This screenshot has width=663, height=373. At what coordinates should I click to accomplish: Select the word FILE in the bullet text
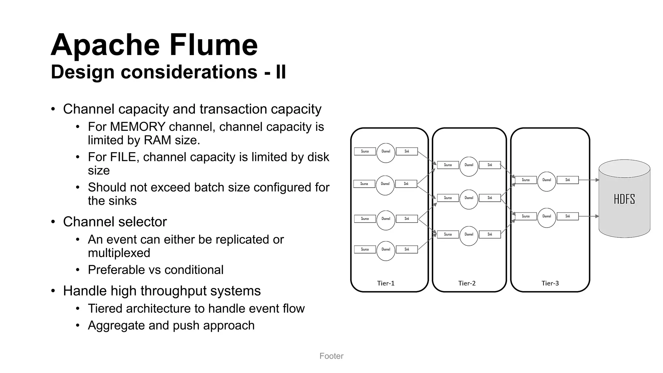click(123, 157)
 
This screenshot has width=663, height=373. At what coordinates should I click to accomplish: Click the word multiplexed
click(119, 253)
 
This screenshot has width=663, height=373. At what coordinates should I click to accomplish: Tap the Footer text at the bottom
click(331, 356)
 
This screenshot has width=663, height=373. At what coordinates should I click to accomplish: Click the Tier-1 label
click(386, 283)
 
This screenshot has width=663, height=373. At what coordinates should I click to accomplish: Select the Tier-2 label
click(467, 283)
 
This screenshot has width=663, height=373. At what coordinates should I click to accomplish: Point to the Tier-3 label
click(550, 283)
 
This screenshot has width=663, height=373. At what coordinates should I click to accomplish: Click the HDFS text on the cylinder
click(624, 199)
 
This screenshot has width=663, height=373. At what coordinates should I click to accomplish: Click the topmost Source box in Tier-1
click(365, 151)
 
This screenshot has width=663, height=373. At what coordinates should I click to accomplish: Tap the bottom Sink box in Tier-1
click(407, 249)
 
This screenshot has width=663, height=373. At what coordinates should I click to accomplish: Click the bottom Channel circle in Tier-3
click(546, 218)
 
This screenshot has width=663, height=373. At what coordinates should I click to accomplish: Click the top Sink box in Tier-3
click(567, 180)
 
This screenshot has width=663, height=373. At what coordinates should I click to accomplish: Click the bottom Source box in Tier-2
click(448, 234)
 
